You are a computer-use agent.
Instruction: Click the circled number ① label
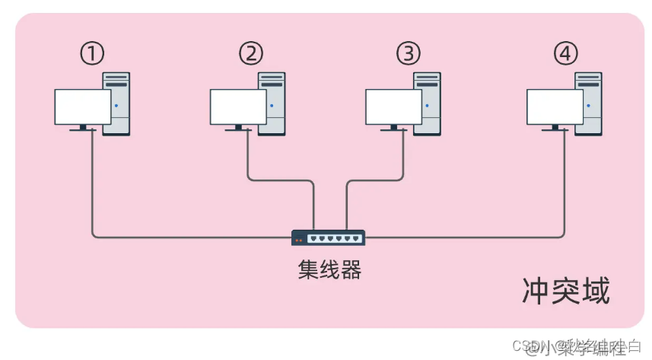[92, 54]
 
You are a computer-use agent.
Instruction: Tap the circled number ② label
[250, 54]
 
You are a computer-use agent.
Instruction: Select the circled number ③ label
[408, 54]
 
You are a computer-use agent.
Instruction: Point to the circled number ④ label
[566, 54]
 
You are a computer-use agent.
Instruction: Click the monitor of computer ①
[82, 107]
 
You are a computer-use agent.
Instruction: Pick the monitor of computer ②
[238, 107]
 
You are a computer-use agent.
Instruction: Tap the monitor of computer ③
[393, 107]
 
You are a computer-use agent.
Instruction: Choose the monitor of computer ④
[555, 107]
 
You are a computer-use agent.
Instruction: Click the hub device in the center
[329, 238]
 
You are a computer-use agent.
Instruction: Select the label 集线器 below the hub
[329, 269]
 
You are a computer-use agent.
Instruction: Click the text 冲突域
[566, 291]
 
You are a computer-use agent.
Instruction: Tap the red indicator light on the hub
[298, 240]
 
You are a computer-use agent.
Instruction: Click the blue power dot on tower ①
[116, 106]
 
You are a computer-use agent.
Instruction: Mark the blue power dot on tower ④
[588, 106]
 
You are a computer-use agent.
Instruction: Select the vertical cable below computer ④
[565, 183]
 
